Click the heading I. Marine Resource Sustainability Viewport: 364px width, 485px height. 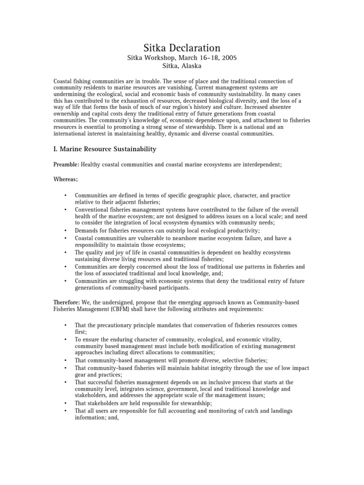[105, 149]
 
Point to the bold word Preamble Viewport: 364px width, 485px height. [66, 164]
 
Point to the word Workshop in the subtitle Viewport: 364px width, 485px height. [161, 58]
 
